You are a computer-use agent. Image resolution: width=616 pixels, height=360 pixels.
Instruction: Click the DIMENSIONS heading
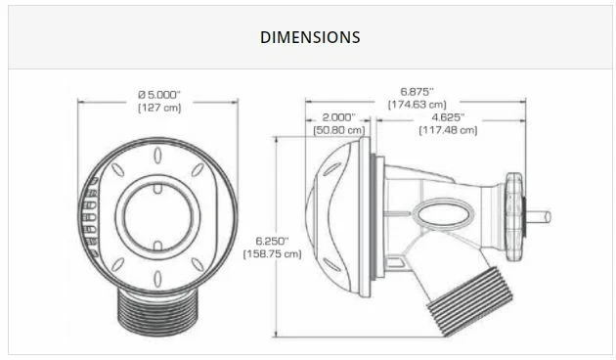[x=310, y=37]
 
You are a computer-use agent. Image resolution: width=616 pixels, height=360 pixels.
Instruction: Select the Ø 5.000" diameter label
[x=159, y=94]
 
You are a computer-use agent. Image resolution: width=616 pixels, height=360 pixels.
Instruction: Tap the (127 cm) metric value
[x=159, y=108]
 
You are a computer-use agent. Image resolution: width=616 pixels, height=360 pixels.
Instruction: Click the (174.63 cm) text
[x=418, y=104]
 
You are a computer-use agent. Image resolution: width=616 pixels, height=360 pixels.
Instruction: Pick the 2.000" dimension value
[x=338, y=116]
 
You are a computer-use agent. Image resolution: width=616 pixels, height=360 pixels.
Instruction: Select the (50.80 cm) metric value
[x=338, y=129]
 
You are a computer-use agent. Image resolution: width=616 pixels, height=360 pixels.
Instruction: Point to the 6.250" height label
[x=270, y=240]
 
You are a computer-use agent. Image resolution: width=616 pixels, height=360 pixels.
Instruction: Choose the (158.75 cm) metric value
[x=271, y=253]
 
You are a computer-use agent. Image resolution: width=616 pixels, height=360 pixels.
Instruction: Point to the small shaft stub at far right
[x=540, y=216]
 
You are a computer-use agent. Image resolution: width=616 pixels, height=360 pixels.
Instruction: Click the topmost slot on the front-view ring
[x=157, y=155]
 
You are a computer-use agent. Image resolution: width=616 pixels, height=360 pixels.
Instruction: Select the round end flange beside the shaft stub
[x=515, y=216]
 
